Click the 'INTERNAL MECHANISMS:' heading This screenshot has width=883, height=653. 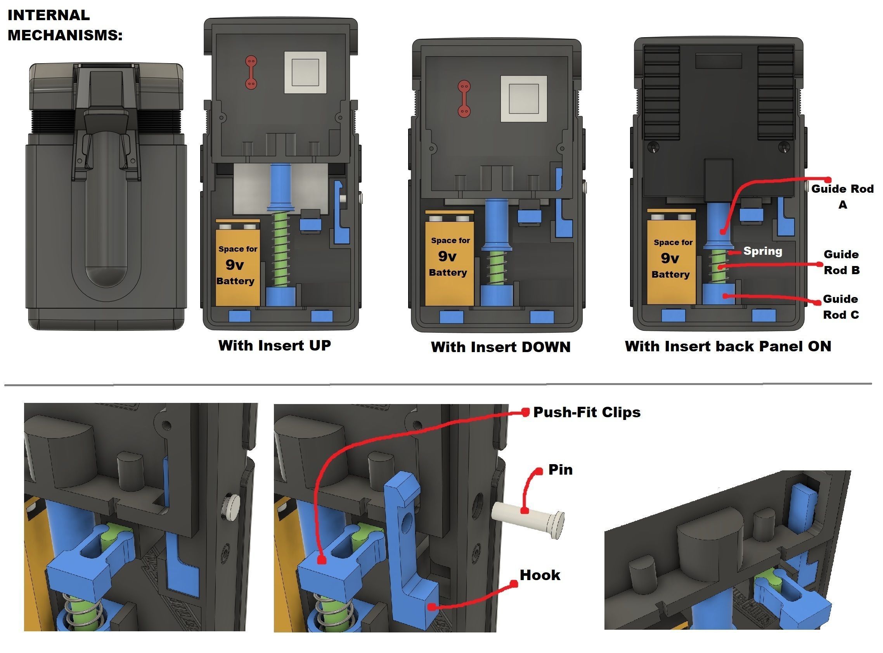pos(64,25)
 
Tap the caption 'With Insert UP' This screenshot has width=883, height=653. pos(274,346)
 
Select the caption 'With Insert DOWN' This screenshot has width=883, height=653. pos(500,347)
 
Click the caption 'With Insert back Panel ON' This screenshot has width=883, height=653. pos(727,346)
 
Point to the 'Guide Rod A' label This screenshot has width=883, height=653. pos(842,197)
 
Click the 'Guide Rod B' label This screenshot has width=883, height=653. pos(841,262)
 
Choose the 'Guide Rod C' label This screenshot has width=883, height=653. pos(841,307)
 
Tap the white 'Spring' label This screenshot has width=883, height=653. pos(762,251)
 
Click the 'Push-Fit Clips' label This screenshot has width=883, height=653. pos(587,412)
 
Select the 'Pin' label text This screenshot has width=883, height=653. pos(560,470)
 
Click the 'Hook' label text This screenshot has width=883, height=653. pos(540,575)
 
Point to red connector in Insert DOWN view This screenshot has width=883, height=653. pos(464,99)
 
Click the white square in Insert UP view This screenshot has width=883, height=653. pos(305,73)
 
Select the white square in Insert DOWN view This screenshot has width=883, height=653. pos(523,99)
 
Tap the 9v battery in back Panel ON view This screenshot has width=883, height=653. pos(671,259)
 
